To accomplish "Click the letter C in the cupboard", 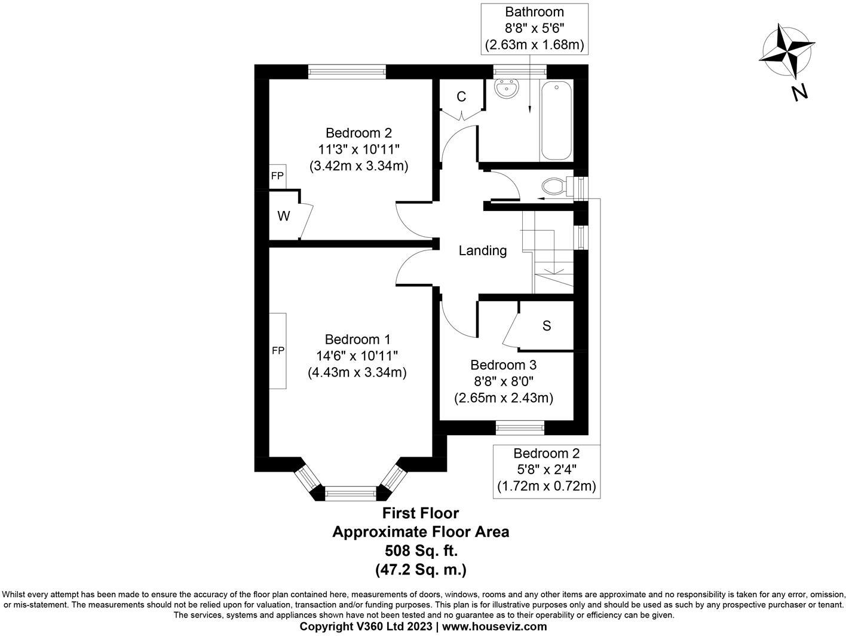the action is (x=461, y=97).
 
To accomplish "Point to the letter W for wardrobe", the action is (x=284, y=216).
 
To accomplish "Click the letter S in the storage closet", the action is (x=547, y=326).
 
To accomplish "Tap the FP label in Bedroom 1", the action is (x=278, y=350).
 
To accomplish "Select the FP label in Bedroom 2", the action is (x=277, y=176).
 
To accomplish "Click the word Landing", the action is (x=483, y=251).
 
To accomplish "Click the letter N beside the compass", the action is (x=799, y=93).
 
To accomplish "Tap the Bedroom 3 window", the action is (x=520, y=427).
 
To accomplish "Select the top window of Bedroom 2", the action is (x=347, y=72).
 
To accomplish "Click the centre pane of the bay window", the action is (x=350, y=493).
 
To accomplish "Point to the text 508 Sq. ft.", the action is (x=421, y=551).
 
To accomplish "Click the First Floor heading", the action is (x=421, y=513).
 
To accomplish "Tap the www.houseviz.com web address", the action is (x=495, y=626).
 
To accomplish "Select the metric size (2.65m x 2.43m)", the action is (x=504, y=398).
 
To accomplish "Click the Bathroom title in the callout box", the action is (x=534, y=12).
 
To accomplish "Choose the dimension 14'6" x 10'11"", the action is (x=357, y=356).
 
